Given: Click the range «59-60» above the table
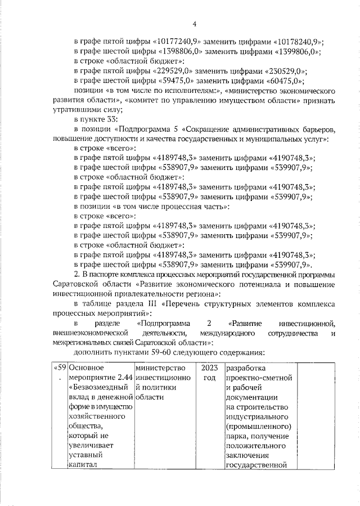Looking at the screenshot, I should coord(154,352).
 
